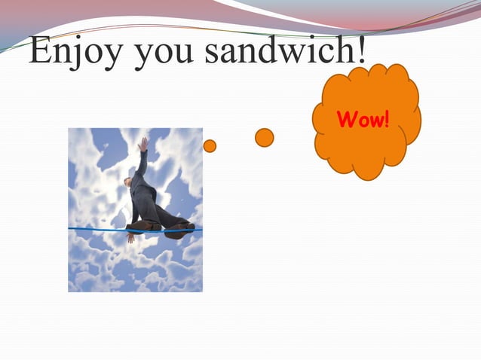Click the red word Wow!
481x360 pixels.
[x=363, y=120]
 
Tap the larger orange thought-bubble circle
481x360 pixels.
[x=264, y=137]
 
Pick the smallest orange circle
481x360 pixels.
[x=210, y=146]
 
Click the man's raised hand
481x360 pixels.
[x=143, y=143]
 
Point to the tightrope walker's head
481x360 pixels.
[x=129, y=182]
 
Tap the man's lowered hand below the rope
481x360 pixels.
[x=130, y=237]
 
